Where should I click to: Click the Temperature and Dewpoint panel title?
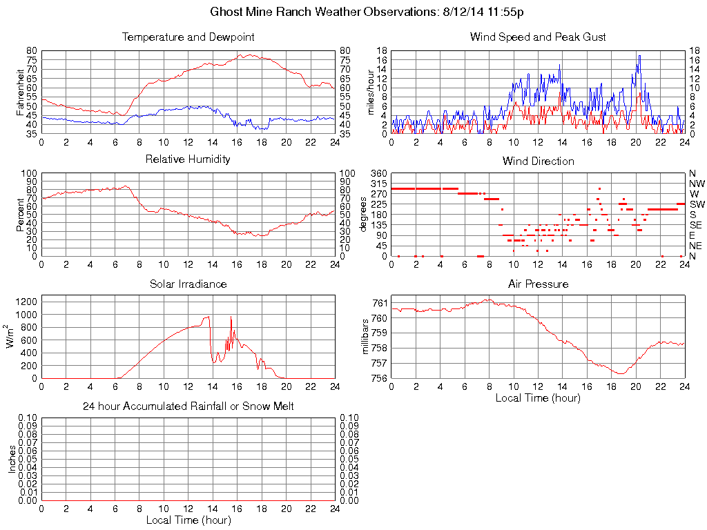pyautogui.click(x=188, y=37)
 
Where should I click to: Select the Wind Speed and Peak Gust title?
pyautogui.click(x=538, y=37)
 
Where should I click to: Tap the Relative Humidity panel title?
pyautogui.click(x=188, y=159)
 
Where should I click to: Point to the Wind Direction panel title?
pyautogui.click(x=538, y=161)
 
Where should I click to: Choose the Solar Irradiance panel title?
pyautogui.click(x=188, y=284)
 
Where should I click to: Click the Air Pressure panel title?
pyautogui.click(x=538, y=284)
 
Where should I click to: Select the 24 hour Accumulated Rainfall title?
pyautogui.click(x=188, y=406)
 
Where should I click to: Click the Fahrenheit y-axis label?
pyautogui.click(x=19, y=92)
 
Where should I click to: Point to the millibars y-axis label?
pyautogui.click(x=366, y=337)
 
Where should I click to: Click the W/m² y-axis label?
pyautogui.click(x=12, y=337)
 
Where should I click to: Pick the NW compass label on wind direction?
pyautogui.click(x=697, y=184)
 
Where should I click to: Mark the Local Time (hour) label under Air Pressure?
pyautogui.click(x=538, y=397)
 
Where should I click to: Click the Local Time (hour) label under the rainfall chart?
pyautogui.click(x=188, y=520)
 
